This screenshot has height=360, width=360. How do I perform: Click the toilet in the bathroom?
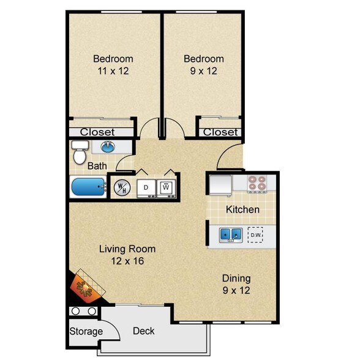pos(79,153)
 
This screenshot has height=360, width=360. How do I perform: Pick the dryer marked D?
pos(146,187)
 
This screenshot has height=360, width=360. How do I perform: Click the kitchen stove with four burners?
pos(257,182)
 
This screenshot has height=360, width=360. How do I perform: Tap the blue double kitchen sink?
pos(230,234)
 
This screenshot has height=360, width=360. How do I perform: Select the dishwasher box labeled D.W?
pos(256,234)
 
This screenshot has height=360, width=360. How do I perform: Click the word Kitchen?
pos(242,209)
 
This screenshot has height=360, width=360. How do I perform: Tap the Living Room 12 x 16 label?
pos(127,255)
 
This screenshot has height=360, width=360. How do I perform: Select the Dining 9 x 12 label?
pos(236,284)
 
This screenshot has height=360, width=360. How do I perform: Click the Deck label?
pos(144,331)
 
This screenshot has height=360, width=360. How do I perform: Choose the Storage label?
pos(86,332)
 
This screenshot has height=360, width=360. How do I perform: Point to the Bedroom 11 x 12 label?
pos(113,64)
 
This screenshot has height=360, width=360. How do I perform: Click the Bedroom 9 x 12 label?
pos(204,64)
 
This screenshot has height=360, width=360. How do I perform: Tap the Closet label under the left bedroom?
pos(97,132)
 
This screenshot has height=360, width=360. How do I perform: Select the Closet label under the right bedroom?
pos(220,132)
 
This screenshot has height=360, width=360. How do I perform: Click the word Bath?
pos(97,166)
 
